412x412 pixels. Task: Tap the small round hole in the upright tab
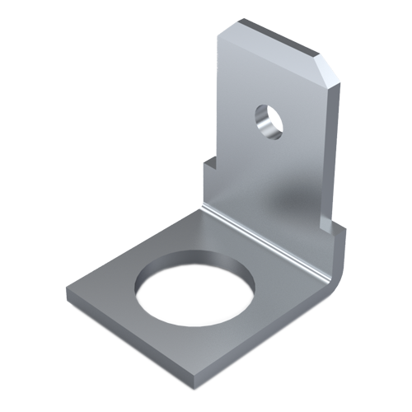point(267,117)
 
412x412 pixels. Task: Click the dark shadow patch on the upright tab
point(293,198)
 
